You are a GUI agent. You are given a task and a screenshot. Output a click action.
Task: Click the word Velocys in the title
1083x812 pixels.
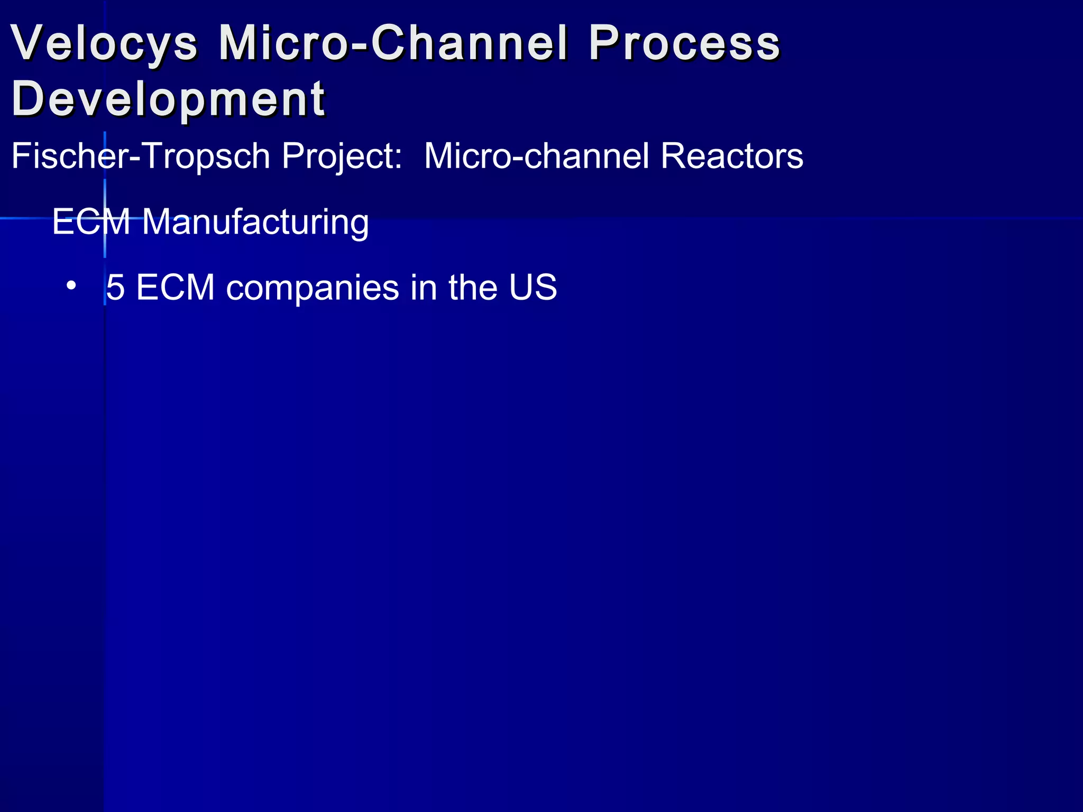pos(104,43)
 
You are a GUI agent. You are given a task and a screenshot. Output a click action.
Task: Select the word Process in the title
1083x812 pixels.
pos(684,43)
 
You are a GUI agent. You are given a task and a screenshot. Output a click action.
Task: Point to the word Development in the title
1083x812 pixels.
pos(168,99)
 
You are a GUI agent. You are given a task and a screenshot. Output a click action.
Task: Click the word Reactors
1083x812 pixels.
pos(731,156)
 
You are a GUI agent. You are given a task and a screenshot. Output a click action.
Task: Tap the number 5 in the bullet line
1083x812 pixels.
pos(115,288)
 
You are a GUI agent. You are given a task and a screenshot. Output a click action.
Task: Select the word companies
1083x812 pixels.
pos(313,289)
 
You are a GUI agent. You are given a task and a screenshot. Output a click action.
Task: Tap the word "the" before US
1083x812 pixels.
pos(473,288)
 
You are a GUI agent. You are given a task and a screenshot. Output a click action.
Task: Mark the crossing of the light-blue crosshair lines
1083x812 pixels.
pos(105,218)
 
